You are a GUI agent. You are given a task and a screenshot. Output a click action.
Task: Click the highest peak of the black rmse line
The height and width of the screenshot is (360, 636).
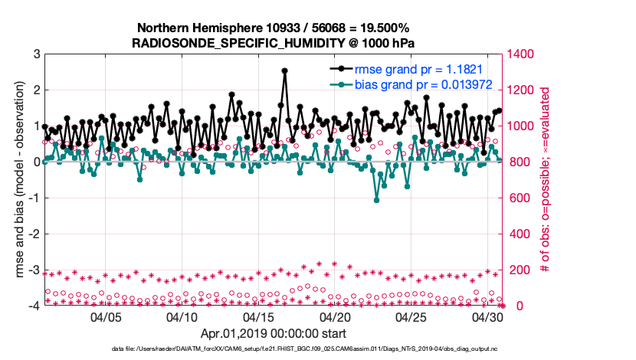(x=284, y=70)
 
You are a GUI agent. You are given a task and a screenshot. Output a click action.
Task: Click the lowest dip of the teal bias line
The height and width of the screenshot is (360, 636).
(x=376, y=200)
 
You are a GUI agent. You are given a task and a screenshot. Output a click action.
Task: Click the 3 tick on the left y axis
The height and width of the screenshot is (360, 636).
(x=36, y=54)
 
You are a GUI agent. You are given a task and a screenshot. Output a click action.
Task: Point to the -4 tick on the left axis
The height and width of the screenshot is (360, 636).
(x=34, y=306)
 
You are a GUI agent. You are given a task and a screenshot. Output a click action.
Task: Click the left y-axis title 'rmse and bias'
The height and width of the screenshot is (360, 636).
(x=17, y=180)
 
